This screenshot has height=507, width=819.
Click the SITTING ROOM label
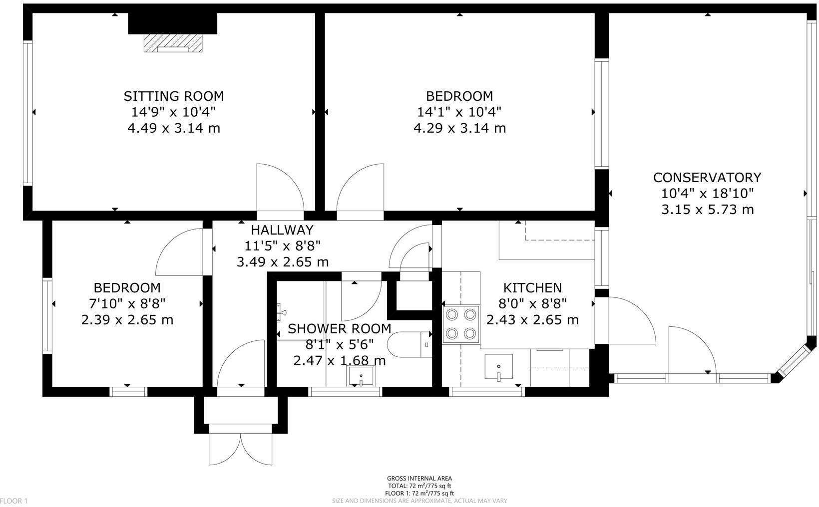174,96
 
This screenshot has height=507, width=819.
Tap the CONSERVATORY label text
707,178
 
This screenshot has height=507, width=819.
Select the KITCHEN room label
532,288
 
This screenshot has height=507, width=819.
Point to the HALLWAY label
282,230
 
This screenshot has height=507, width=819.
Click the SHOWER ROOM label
339,329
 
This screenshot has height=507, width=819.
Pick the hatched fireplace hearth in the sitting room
173,43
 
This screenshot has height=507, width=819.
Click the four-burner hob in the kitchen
461,324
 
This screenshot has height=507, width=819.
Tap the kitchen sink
499,367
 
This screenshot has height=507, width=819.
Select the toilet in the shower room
409,344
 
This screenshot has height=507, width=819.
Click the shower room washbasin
361,376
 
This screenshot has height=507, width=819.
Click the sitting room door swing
281,188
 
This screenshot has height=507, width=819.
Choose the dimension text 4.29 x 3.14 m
459,128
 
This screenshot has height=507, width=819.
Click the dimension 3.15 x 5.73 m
708,210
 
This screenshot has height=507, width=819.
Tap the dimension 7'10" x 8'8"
127,303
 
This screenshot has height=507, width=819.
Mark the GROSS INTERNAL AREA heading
419,478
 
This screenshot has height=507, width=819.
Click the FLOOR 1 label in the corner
14,501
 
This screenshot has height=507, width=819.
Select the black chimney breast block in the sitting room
173,23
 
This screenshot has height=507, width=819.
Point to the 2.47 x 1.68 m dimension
339,361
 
